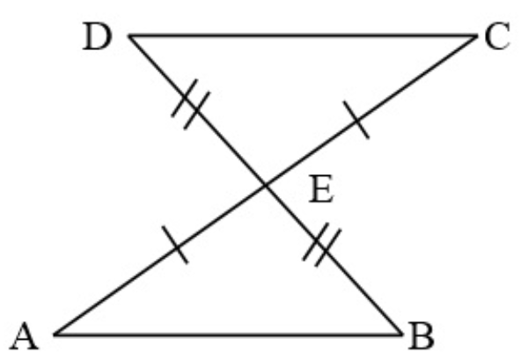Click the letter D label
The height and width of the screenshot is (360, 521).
pos(97,37)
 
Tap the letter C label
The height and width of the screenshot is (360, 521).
pos(497,36)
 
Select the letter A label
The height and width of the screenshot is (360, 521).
pos(25,336)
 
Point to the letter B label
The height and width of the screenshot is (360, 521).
pos(422,335)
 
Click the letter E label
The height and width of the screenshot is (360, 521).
pos(321,189)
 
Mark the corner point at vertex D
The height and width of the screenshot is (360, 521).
pos(128,35)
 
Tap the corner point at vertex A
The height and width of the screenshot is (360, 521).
pos(55,334)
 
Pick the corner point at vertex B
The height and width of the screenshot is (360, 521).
pos(403,334)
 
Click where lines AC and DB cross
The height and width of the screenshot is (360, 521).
pos(266,185)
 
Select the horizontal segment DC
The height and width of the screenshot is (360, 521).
pos(303,35)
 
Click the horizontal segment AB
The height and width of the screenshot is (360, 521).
pos(228,334)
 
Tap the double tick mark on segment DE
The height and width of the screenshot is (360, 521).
pos(191,104)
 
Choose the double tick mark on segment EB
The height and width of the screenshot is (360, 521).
pos(321,245)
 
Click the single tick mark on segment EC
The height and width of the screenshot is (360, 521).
pos(356,120)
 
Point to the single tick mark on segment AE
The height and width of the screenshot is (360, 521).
pos(175,245)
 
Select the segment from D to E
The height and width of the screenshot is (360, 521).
pos(197,110)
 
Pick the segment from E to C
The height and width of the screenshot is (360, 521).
pos(371,110)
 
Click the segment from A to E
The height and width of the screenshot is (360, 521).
pos(160,260)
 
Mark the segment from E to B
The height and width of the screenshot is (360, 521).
pos(334,260)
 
